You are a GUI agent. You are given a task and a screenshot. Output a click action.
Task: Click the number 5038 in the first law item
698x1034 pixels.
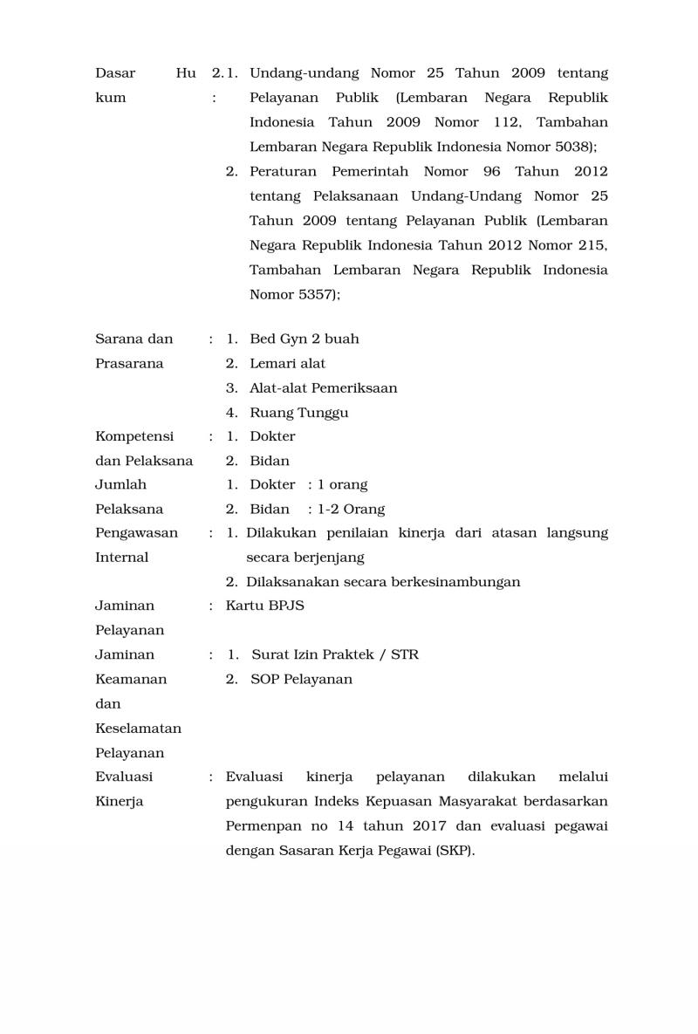click(x=577, y=147)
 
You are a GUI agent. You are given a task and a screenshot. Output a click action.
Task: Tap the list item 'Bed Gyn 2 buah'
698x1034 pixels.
click(x=304, y=339)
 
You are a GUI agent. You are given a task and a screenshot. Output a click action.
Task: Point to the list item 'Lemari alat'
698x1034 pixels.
click(x=287, y=363)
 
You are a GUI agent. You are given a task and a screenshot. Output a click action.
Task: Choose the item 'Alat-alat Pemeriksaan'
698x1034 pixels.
click(x=323, y=387)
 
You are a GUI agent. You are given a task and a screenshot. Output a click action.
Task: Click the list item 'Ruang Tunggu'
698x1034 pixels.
click(x=298, y=413)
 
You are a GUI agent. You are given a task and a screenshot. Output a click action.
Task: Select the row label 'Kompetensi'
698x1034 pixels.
click(x=134, y=436)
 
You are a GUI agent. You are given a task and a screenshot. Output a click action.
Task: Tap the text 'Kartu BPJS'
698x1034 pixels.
click(x=265, y=606)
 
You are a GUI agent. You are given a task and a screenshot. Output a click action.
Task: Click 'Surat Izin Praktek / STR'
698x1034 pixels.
click(x=335, y=654)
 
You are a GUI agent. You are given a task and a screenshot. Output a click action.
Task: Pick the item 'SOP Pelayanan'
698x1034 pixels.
click(x=302, y=679)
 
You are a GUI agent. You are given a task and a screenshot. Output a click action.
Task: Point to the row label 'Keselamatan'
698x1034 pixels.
click(x=138, y=728)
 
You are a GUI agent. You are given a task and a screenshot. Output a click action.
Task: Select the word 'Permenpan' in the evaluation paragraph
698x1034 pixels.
click(x=259, y=826)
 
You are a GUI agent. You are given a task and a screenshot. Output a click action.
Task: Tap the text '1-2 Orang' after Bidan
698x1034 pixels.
click(x=352, y=509)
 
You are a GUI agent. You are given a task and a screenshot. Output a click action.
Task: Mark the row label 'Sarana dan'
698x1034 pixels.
click(x=134, y=339)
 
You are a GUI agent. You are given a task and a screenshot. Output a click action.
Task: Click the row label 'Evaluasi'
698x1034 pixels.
click(x=124, y=777)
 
